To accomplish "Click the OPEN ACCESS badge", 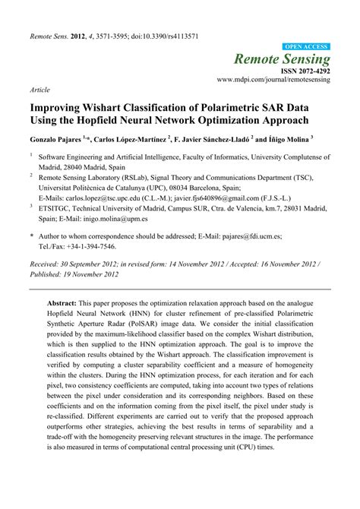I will [306, 46].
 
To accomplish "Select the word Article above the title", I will [39, 89].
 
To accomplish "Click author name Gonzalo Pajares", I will [58, 141].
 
